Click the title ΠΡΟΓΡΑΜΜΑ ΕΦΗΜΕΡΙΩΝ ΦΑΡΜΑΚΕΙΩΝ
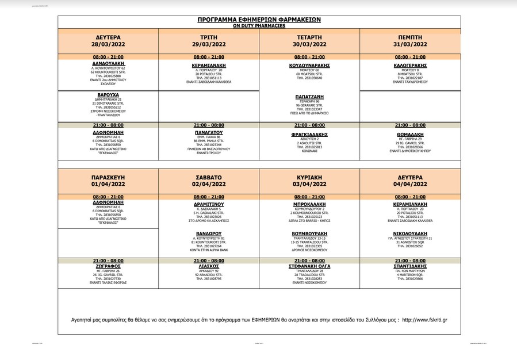click(259, 20)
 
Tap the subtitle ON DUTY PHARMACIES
click(259, 25)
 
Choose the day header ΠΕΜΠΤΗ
click(410, 36)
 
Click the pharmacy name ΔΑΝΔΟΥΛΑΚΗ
click(108, 63)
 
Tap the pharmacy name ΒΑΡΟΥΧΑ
click(108, 95)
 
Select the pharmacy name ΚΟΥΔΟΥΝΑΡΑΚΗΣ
click(309, 66)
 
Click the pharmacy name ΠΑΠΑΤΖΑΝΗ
click(309, 97)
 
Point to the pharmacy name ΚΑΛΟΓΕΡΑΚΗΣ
click(410, 66)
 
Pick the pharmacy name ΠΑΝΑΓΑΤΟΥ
click(208, 132)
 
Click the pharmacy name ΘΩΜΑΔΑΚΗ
click(410, 132)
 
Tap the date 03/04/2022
click(309, 185)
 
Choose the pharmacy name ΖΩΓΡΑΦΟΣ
click(108, 267)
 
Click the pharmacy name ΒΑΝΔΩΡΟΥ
click(208, 233)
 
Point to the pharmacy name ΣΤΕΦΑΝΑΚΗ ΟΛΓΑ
click(309, 267)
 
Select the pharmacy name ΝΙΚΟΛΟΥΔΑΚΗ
click(410, 233)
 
